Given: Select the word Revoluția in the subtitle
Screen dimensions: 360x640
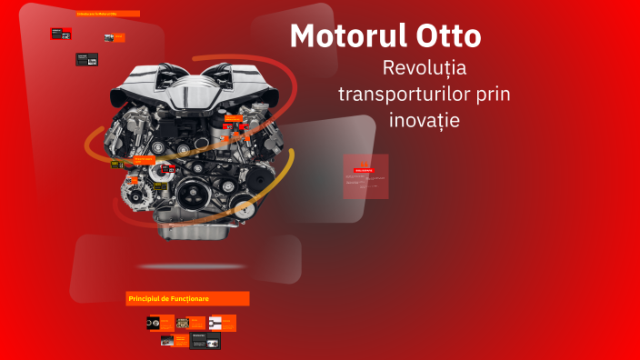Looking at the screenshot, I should (425, 68).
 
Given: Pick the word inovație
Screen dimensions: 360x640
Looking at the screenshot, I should (425, 119).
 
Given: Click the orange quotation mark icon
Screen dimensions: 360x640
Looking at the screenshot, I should (365, 160).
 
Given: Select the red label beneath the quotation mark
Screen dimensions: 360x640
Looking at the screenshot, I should (364, 170).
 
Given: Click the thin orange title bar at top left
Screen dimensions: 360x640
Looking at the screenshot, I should (107, 14).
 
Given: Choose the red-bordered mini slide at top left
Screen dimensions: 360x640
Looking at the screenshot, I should (62, 34).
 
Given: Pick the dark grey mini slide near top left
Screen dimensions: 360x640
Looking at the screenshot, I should (86, 59).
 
